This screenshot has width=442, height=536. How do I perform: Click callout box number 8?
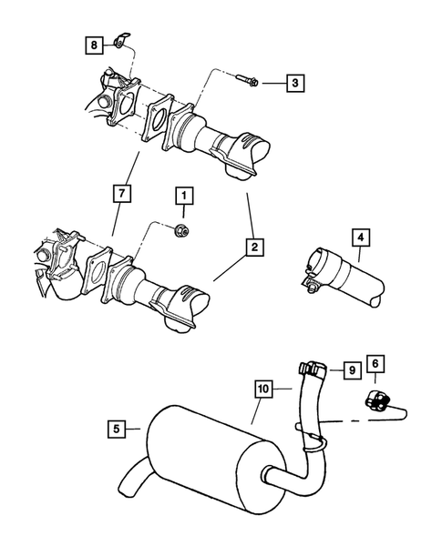(x=93, y=43)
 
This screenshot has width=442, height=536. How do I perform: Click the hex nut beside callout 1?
(x=181, y=228)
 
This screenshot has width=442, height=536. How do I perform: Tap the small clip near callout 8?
(x=122, y=42)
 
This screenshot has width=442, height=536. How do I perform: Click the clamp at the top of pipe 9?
(x=313, y=368)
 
